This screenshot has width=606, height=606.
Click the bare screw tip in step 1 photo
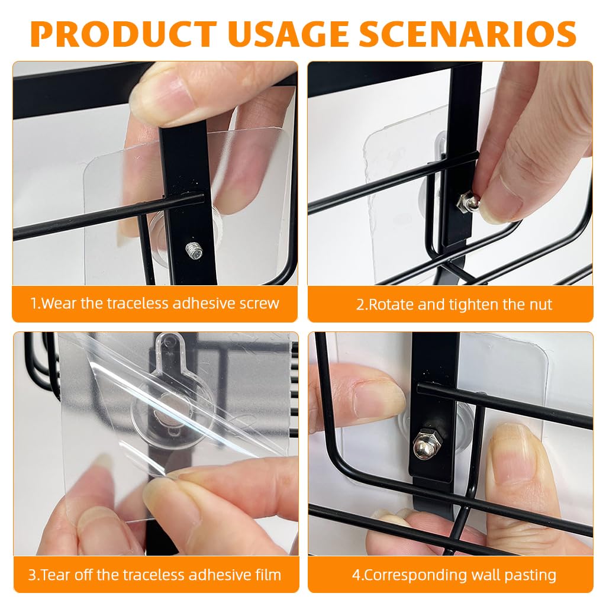pyautogui.click(x=194, y=251)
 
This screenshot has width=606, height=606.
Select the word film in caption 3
pyautogui.click(x=263, y=574)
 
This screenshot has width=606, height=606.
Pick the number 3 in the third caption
pyautogui.click(x=32, y=574)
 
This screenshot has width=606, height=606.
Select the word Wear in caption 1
pyautogui.click(x=60, y=304)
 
